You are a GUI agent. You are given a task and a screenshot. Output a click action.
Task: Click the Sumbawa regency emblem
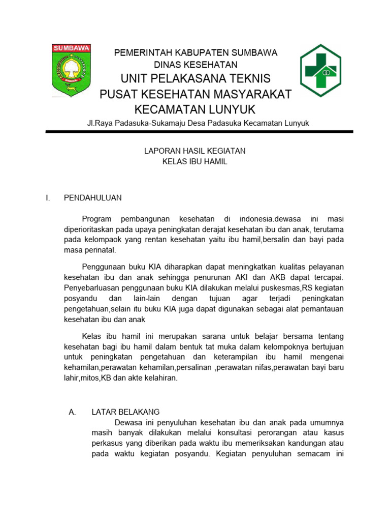coord(72,70)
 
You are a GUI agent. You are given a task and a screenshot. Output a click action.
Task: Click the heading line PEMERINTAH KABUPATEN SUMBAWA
coord(196,53)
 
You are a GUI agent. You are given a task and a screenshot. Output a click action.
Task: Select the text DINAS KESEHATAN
coord(196,65)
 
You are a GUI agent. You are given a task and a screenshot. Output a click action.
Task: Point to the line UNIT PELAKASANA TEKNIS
coord(196,79)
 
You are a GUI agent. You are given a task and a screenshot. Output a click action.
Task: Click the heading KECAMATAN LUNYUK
coord(196,109)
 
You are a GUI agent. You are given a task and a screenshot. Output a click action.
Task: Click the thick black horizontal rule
coord(199,132)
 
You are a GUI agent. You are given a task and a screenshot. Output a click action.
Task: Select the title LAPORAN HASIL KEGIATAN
coord(195,151)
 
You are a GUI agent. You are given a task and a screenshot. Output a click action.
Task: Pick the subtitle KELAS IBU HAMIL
coord(195,162)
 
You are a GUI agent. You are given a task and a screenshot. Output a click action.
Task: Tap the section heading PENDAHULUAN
coord(92,198)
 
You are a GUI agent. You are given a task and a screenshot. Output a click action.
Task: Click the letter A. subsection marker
coord(72,412)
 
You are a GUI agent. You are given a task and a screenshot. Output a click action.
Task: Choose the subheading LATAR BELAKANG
coord(125,412)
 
